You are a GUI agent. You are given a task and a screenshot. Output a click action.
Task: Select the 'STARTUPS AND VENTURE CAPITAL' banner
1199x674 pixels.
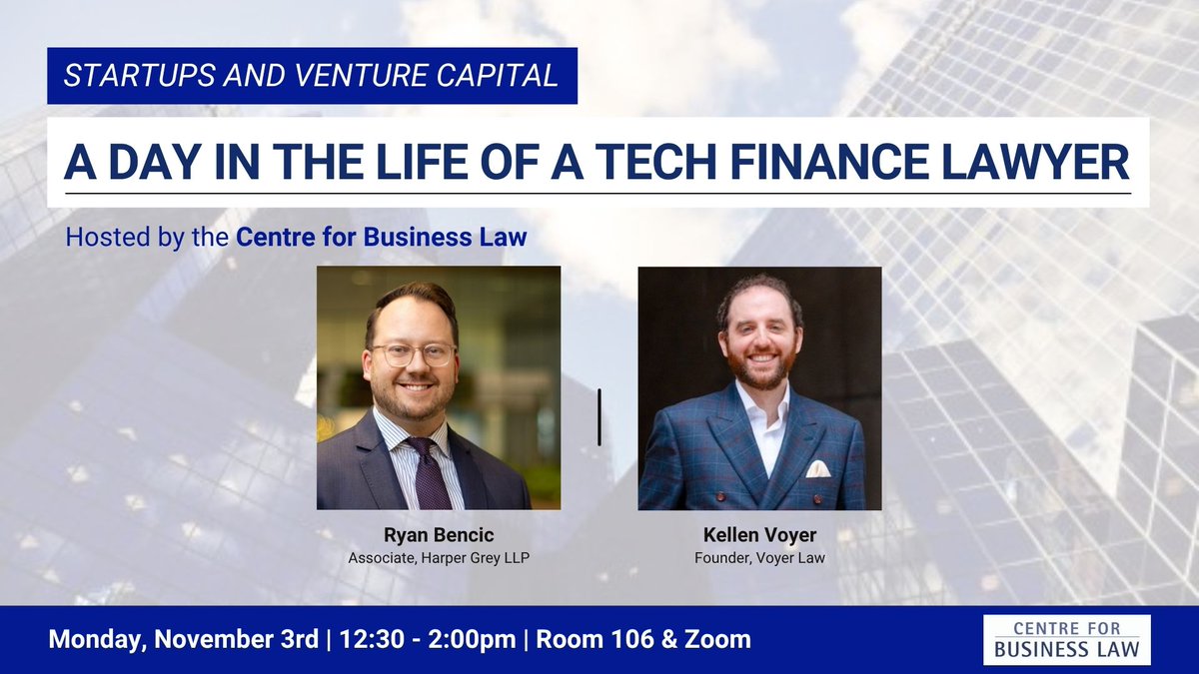point(312,76)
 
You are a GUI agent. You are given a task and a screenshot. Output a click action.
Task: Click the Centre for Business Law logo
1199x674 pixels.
point(1066,640)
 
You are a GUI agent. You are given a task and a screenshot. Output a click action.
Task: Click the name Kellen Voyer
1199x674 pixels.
point(759,535)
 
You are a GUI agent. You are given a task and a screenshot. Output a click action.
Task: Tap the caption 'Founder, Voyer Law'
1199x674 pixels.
point(759,557)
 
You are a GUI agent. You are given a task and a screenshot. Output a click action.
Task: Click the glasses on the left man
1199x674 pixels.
point(411,352)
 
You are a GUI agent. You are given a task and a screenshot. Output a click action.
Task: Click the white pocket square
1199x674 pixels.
point(817,468)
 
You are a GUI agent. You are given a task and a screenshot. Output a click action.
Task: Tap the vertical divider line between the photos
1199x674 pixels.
point(599,417)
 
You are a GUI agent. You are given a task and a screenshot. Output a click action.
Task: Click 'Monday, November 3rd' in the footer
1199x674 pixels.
point(181,639)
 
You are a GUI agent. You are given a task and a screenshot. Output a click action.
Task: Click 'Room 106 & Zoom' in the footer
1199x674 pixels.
point(643,639)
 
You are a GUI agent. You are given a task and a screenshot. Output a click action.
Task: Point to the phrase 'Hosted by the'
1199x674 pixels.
point(147,239)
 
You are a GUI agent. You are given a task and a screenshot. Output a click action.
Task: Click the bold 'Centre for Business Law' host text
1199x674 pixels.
point(381,239)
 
